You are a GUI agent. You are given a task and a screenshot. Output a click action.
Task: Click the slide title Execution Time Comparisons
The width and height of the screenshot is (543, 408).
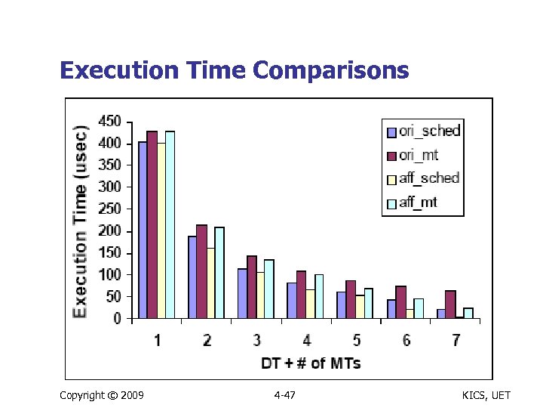point(234,70)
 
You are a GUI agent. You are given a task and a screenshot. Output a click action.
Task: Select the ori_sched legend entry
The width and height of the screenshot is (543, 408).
point(423,131)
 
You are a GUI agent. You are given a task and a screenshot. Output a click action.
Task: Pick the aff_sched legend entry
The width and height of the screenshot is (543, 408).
point(422,178)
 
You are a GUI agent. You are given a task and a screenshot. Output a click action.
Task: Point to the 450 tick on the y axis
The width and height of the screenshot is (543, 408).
point(110,121)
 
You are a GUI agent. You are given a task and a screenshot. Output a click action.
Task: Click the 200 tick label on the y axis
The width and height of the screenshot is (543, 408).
point(110,230)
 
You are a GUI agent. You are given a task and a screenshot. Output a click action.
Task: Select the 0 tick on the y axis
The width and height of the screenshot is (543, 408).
point(117,319)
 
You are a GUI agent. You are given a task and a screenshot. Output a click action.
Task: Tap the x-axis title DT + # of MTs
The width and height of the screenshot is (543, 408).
point(311,363)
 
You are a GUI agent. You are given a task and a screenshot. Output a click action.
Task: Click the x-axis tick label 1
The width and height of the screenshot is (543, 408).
point(157,341)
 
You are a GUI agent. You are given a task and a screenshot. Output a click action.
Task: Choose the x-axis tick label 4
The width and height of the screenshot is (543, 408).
point(306,341)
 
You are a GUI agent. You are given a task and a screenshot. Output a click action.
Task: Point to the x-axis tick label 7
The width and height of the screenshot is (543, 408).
point(456,341)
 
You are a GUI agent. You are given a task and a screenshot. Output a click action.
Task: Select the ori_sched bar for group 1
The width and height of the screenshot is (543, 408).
point(143,230)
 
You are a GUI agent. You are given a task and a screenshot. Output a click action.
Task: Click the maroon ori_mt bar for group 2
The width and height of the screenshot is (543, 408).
point(201,272)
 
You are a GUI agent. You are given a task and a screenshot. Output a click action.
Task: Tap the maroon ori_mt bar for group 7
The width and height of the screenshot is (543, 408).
point(450,304)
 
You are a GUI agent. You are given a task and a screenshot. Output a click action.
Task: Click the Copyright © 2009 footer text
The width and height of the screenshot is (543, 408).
point(101,395)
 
